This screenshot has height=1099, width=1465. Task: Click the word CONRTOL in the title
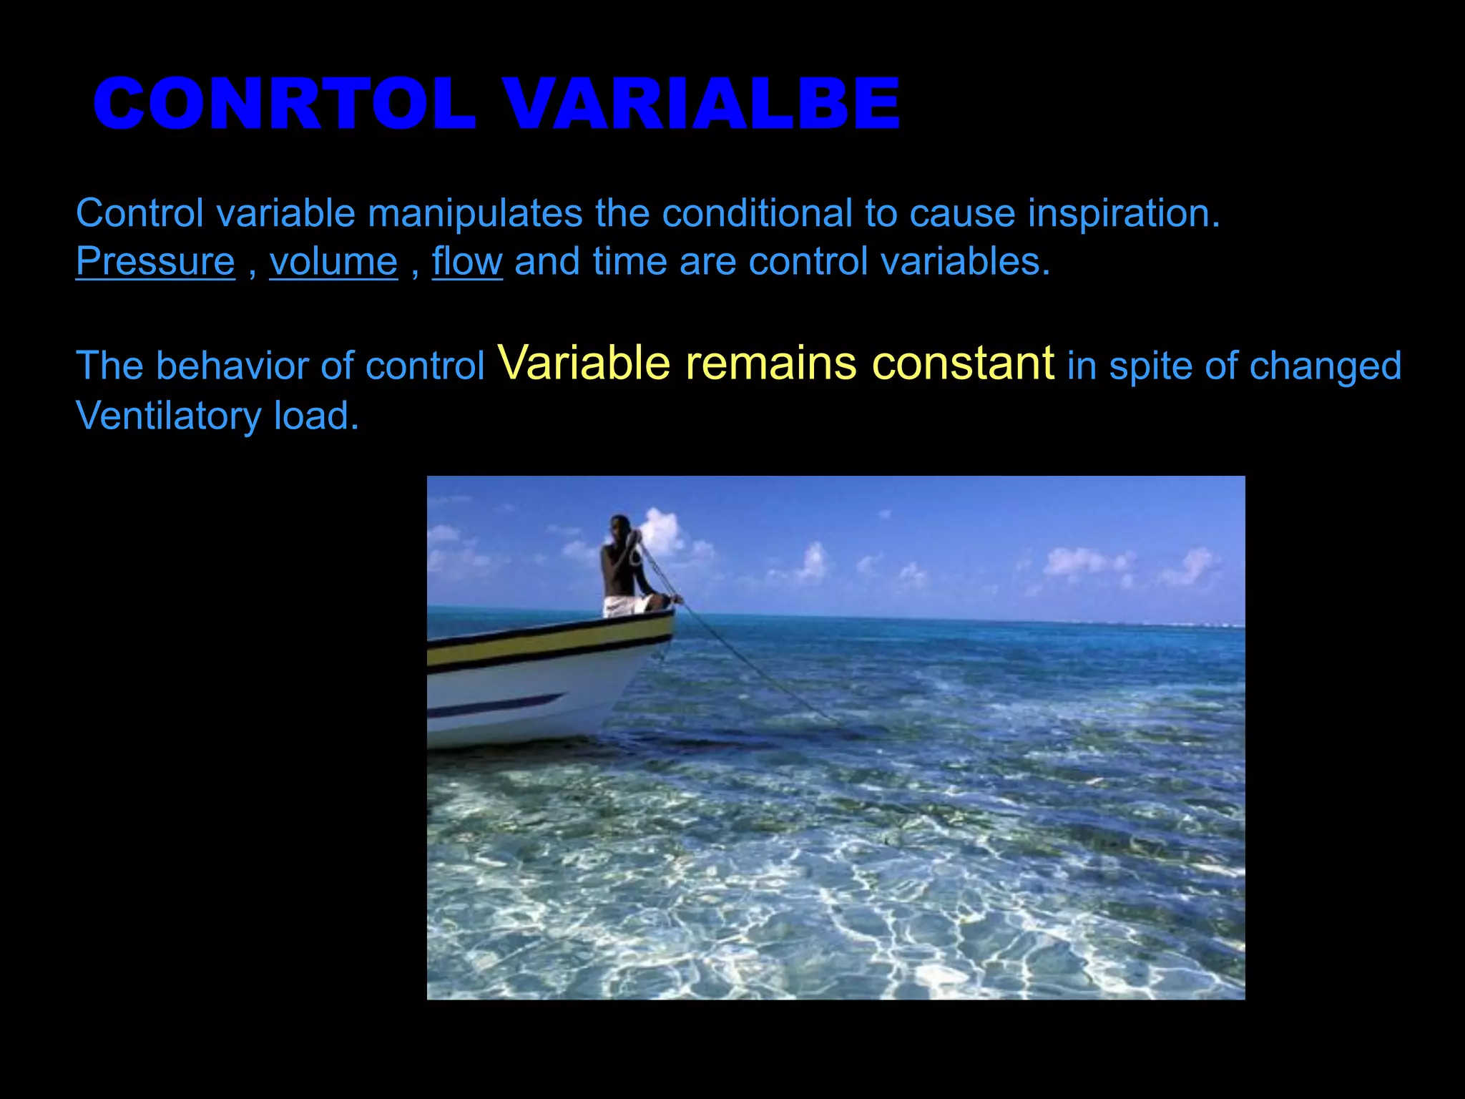pyautogui.click(x=284, y=104)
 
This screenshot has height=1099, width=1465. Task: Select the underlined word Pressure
pyautogui.click(x=155, y=262)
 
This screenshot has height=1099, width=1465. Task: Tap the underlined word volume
pyautogui.click(x=333, y=262)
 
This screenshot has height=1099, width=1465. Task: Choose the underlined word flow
pyautogui.click(x=467, y=262)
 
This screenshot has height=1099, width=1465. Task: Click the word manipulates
pyautogui.click(x=475, y=214)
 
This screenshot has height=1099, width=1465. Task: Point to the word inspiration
pyautogui.click(x=1124, y=214)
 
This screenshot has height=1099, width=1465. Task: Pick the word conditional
pyautogui.click(x=757, y=214)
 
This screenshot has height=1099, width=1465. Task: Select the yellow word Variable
pyautogui.click(x=583, y=363)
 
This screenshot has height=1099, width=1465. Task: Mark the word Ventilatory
pyautogui.click(x=168, y=416)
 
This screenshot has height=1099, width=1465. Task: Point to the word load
pyautogui.click(x=315, y=416)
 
